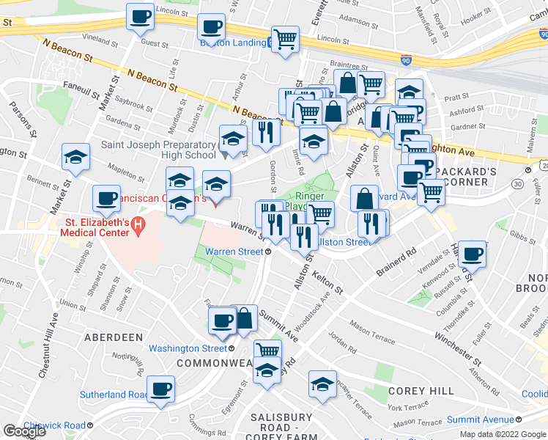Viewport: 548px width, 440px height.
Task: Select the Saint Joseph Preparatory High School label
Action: (158, 150)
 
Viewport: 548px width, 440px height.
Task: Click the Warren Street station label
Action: (234, 252)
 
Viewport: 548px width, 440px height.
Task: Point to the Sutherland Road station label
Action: (111, 395)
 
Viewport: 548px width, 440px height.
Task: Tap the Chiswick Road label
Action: (54, 425)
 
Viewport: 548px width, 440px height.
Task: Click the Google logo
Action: (23, 431)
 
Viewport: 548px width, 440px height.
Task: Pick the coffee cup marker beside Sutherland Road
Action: (160, 388)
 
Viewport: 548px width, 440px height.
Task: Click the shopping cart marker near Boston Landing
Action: (285, 39)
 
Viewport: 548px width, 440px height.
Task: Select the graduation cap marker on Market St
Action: (75, 155)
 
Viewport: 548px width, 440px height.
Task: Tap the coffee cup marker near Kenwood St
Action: (471, 254)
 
